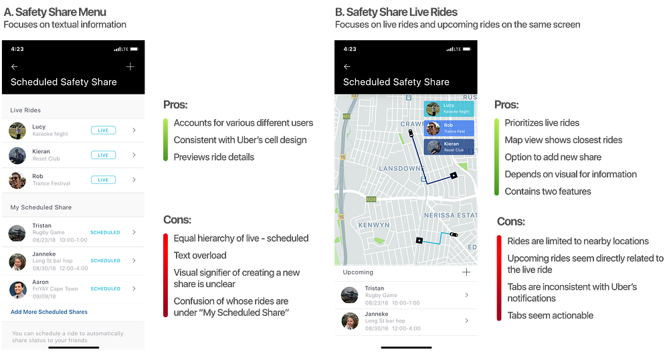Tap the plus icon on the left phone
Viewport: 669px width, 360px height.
[x=130, y=67]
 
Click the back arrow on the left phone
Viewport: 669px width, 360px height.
[x=15, y=67]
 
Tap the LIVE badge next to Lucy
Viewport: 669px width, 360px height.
[x=103, y=130]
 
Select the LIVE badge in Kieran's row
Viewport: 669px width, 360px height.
[x=103, y=155]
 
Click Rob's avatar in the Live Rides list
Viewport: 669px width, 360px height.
[x=17, y=180]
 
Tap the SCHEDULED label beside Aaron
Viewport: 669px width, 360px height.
[x=105, y=289]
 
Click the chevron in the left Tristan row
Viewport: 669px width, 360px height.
[x=134, y=232]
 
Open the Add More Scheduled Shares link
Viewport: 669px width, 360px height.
[x=49, y=312]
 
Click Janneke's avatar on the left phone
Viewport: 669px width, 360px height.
[x=17, y=261]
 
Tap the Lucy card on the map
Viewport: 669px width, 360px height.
[x=449, y=109]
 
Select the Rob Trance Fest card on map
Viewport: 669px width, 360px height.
[x=449, y=128]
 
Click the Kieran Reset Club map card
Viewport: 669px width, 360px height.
[x=449, y=147]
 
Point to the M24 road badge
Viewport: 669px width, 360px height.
[x=371, y=199]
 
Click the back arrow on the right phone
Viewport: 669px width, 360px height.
[x=347, y=67]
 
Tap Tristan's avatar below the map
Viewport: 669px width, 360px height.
[x=350, y=295]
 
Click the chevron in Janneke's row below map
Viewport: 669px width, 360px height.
[x=466, y=321]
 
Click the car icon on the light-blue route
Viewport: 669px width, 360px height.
[x=454, y=235]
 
